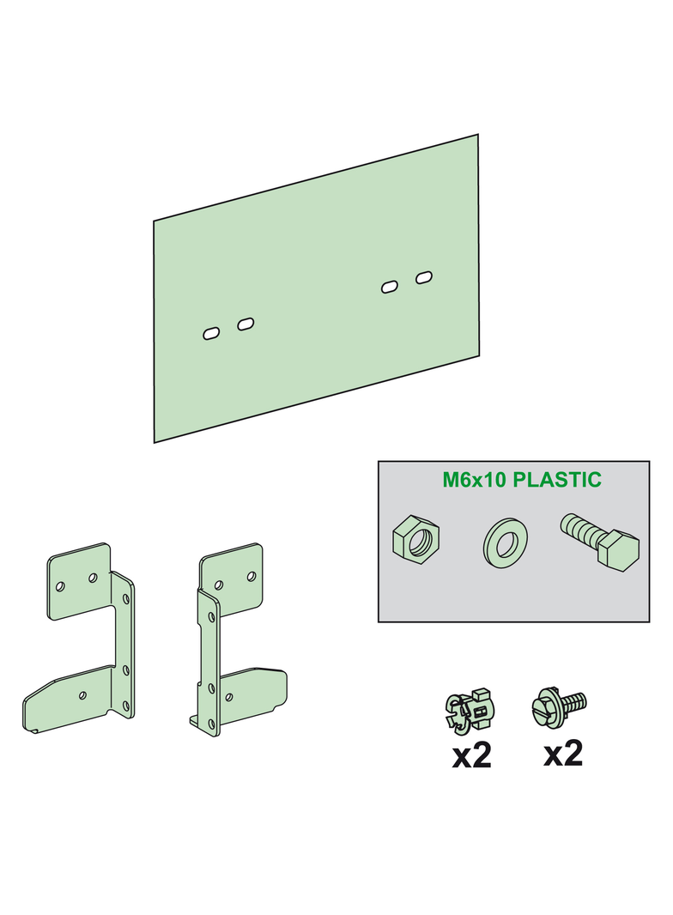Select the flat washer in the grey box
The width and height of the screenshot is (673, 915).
click(x=506, y=542)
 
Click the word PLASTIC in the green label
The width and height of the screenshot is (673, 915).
click(x=557, y=480)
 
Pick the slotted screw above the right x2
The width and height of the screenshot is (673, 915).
click(x=560, y=705)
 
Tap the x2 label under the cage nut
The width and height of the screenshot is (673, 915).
click(x=471, y=755)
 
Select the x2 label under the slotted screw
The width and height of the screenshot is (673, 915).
click(x=562, y=754)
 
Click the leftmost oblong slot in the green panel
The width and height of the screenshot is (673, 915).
click(x=210, y=334)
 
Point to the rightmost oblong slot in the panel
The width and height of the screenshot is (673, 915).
click(x=424, y=277)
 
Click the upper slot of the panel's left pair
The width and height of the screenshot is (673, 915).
click(x=246, y=324)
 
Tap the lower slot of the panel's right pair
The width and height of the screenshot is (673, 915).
click(x=390, y=287)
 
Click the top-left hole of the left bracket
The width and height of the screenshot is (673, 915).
click(x=59, y=586)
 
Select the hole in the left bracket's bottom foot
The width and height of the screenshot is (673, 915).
click(x=83, y=695)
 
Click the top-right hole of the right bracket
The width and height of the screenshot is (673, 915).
click(x=252, y=577)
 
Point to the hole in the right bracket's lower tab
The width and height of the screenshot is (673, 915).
click(x=229, y=697)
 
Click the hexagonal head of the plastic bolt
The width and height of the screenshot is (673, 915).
click(x=618, y=551)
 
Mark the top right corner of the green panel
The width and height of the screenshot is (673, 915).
click(x=478, y=134)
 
